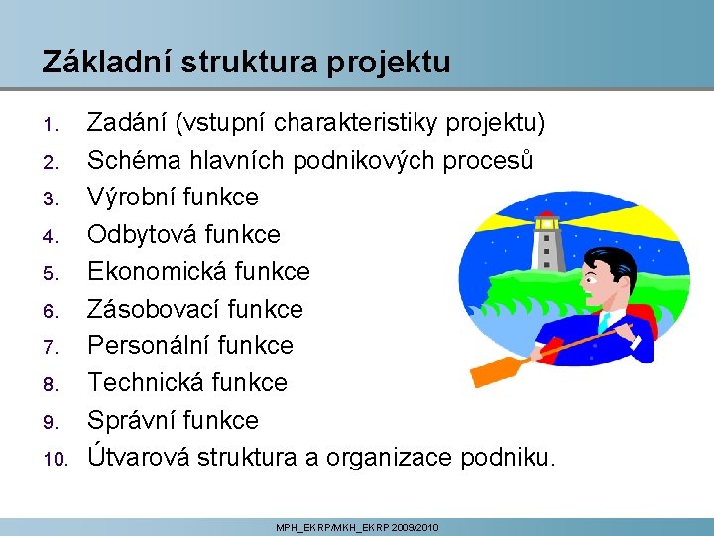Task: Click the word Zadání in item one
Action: (x=127, y=123)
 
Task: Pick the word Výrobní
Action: (x=128, y=198)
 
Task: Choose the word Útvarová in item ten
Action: (x=139, y=457)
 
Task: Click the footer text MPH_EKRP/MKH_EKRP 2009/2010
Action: (x=357, y=527)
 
